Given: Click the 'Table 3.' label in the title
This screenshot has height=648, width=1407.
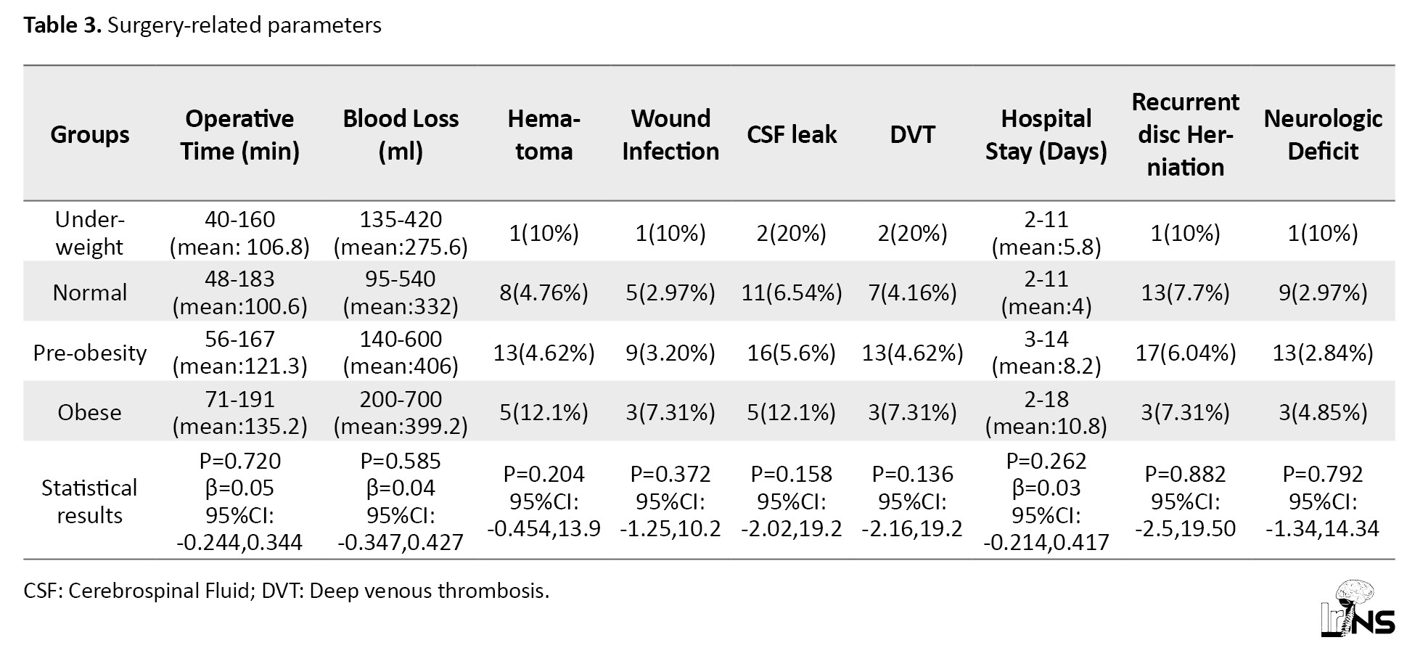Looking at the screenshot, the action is pos(62,25).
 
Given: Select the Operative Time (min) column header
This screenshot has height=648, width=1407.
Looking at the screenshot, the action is pos(239,134).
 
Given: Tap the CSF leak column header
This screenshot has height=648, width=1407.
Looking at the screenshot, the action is pos(792,134).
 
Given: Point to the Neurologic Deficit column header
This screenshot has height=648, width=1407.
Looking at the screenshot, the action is pos(1323,134).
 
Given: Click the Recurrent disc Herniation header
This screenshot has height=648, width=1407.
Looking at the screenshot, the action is pos(1185,134).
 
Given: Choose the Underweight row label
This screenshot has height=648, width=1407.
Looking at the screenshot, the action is pos(90,233).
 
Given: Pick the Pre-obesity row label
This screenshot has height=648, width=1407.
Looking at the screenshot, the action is pos(90,353).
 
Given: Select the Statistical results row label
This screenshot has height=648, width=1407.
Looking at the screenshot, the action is pos(89,501).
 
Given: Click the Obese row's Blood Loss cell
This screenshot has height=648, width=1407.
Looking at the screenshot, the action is pos(401,412).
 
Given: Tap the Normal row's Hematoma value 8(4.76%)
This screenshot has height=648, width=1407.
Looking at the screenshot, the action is pos(543,292).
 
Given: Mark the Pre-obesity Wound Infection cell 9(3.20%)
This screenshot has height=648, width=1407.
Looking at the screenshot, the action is pos(670,353).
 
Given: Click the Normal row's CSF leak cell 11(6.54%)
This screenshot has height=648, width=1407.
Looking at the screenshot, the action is pos(792,292).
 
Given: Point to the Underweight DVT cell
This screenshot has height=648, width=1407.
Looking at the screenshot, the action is pos(912,233).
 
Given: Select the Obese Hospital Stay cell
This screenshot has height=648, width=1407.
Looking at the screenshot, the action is pos(1046,412).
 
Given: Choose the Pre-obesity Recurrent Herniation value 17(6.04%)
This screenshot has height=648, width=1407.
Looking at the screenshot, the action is pos(1185,353).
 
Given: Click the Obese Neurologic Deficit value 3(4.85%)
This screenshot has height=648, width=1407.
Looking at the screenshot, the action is pos(1323,412).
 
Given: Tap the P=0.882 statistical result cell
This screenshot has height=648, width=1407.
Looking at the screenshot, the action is pos(1185,501).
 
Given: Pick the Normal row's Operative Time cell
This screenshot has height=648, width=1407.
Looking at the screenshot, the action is pos(239,292).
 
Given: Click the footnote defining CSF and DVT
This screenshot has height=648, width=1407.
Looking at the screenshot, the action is pos(287,591).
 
